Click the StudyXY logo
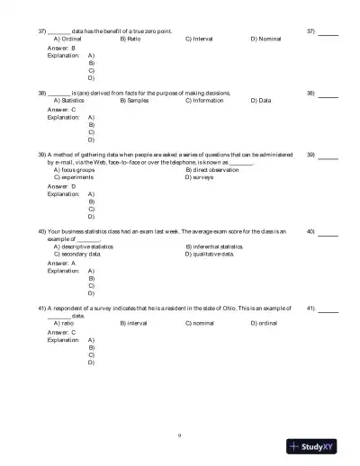(319, 446)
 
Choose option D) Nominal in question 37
(266, 40)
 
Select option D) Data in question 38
(261, 100)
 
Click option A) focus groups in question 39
(76, 169)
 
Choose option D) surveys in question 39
(200, 177)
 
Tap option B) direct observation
(212, 169)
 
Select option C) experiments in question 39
(75, 177)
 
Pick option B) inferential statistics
(214, 246)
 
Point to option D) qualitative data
(210, 254)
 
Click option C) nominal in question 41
(200, 322)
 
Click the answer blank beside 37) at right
(328, 31)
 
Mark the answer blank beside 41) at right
(328, 308)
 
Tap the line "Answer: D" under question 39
(61, 185)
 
